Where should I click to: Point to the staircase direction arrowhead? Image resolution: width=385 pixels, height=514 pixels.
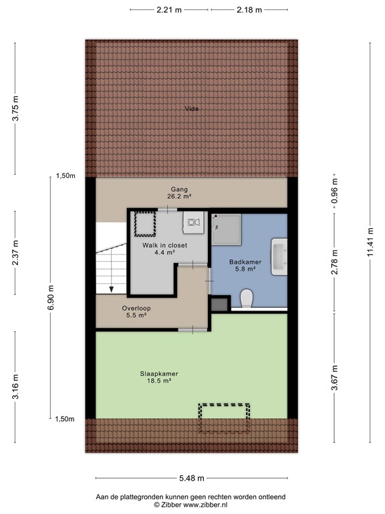[112, 288]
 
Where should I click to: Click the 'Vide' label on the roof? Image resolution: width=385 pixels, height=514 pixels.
[192, 109]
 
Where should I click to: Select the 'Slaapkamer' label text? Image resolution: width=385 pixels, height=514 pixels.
[158, 373]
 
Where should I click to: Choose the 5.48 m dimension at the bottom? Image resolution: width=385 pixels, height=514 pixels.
[191, 479]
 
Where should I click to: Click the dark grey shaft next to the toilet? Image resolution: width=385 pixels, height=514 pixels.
[219, 305]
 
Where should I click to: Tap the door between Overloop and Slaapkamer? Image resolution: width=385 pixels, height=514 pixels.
[191, 329]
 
